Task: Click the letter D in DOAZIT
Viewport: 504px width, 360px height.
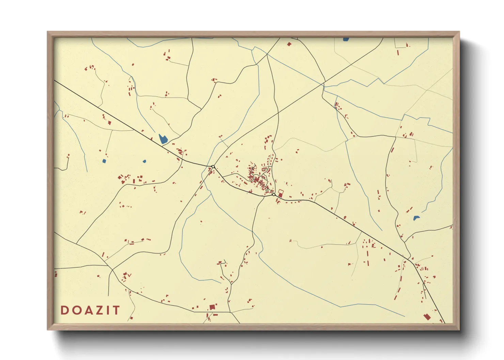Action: (x=64, y=310)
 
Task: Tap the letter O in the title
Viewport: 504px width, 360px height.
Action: (x=75, y=310)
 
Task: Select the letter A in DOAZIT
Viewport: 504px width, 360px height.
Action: (x=86, y=310)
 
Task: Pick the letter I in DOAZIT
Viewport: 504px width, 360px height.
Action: (x=107, y=310)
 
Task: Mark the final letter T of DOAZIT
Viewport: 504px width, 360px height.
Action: (x=116, y=310)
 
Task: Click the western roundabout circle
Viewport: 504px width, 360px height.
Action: (x=213, y=167)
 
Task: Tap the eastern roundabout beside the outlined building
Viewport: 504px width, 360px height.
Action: (x=274, y=195)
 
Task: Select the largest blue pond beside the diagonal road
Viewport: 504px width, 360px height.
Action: (x=163, y=138)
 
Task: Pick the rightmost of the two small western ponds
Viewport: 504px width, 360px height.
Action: (x=144, y=161)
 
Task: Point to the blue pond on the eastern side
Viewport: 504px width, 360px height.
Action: (x=416, y=218)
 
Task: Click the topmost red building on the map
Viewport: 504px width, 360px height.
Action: (x=289, y=44)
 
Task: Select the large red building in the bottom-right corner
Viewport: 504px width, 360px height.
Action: (x=427, y=317)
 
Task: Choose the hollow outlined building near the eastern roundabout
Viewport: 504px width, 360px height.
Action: (x=281, y=192)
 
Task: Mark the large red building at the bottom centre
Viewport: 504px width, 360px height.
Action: (x=212, y=307)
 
